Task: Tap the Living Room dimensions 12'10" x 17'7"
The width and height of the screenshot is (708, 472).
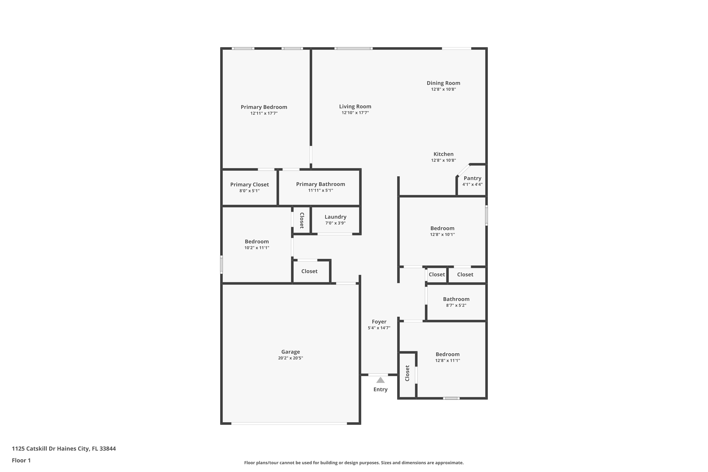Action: coord(355,113)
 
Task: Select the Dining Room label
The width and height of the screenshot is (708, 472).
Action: coord(443,83)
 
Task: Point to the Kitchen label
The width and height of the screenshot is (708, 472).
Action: coord(443,154)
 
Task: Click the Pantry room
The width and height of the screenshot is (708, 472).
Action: coord(472,181)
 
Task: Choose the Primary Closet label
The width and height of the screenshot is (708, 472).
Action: coord(249,185)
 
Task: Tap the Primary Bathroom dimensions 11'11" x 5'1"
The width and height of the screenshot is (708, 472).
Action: coord(320,190)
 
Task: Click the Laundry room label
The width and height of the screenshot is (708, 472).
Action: coord(335,217)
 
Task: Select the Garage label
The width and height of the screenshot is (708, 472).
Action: coord(290,352)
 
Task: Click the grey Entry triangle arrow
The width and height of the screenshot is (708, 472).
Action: coord(380,380)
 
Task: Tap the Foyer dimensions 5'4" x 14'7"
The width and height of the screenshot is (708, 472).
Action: coord(379,328)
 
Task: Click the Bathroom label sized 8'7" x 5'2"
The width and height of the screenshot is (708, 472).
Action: coord(456,299)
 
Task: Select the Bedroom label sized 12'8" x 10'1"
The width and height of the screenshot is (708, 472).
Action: coord(442,228)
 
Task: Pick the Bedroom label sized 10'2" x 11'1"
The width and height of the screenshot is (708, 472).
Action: coord(257,241)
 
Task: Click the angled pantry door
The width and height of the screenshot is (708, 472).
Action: coord(463,170)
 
